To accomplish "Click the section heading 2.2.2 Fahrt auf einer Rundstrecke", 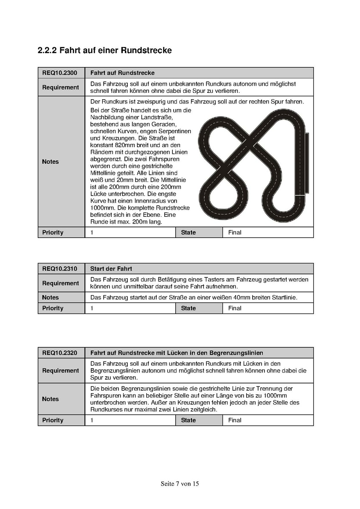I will point(104,50).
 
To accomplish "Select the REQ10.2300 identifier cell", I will point(60,73).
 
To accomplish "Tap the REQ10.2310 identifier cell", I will point(60,269).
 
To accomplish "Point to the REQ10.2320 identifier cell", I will point(60,353).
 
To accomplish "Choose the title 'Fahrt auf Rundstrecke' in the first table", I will point(122,73).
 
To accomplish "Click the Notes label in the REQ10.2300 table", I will point(51,162).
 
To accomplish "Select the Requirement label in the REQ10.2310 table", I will point(61,283).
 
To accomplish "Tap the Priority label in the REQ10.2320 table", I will point(53,420).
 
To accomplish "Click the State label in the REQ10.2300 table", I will point(188,232).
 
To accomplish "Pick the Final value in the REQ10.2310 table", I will point(235,308).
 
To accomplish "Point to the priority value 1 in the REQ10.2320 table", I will point(92,420).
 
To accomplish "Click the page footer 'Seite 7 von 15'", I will point(180,484).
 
